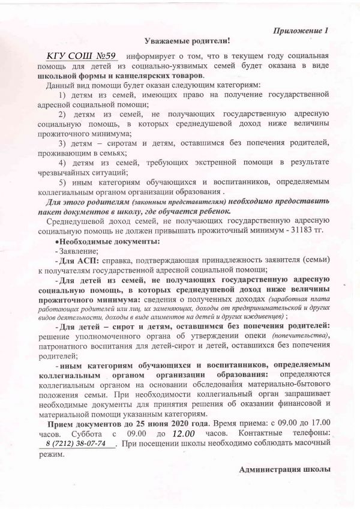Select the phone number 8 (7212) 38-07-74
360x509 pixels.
tap(76, 443)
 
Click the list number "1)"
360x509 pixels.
tap(63, 95)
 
